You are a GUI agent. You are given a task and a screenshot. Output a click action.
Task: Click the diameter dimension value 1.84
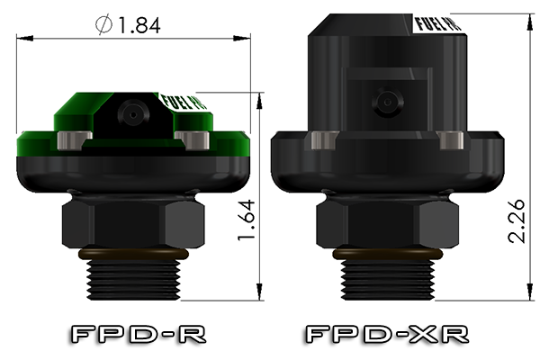pyautogui.click(x=139, y=25)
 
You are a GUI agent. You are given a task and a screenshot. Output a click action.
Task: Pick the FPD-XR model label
pyautogui.click(x=388, y=335)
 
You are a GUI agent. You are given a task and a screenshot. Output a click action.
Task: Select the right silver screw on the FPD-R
pyautogui.click(x=193, y=139)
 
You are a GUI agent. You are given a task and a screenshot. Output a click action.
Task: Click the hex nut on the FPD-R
pyautogui.click(x=131, y=220)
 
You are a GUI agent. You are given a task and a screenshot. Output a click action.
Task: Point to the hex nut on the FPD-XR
pyautogui.click(x=387, y=220)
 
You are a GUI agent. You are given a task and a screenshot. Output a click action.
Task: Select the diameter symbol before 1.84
pyautogui.click(x=105, y=26)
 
